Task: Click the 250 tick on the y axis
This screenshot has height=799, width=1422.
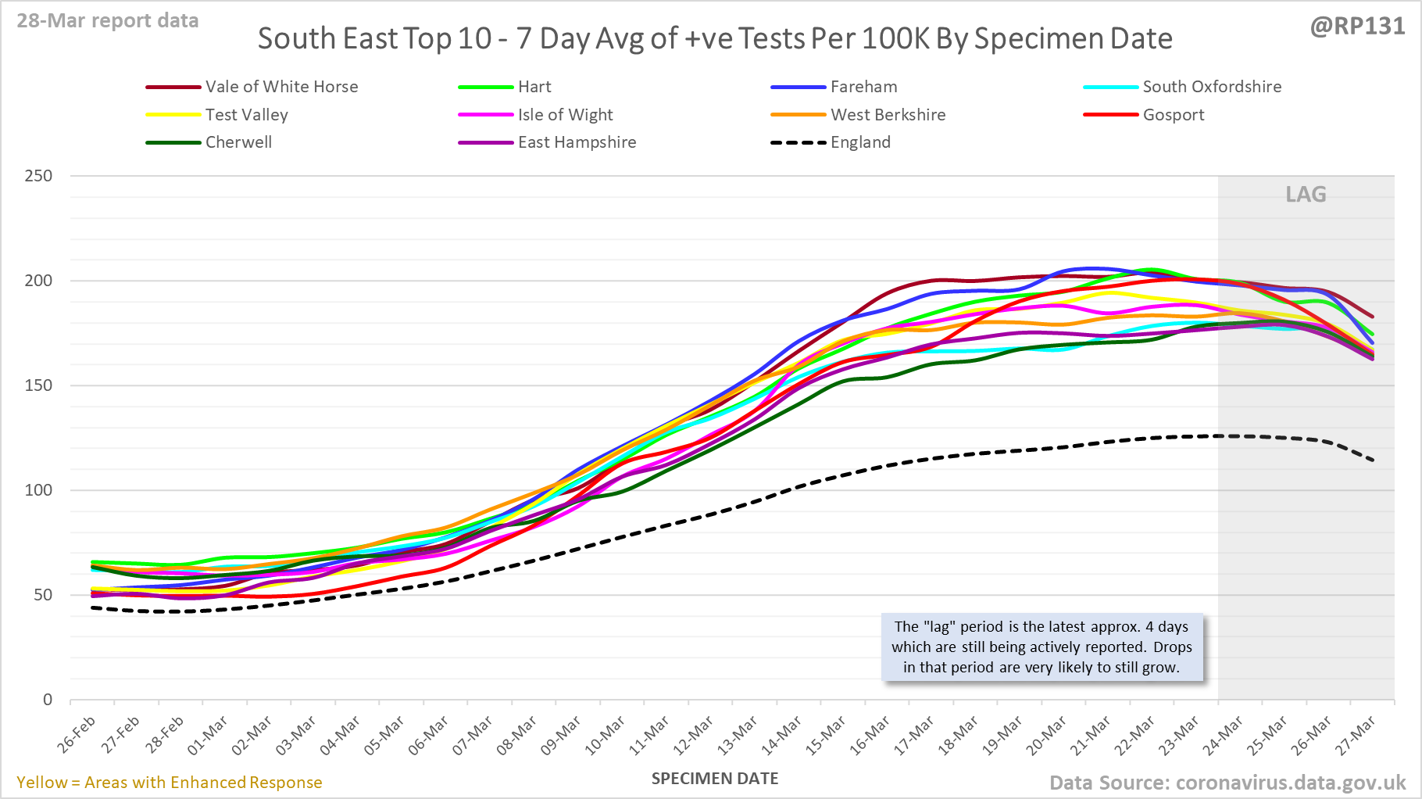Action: (x=38, y=176)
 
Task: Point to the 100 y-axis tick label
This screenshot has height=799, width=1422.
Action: (x=38, y=490)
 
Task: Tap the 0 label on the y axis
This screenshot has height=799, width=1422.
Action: (x=48, y=700)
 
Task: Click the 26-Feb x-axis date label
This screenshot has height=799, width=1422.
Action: (x=77, y=734)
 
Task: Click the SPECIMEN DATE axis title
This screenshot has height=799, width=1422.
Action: (x=715, y=779)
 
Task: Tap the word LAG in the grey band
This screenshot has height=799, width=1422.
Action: (x=1306, y=195)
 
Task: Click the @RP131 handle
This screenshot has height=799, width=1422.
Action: (x=1357, y=27)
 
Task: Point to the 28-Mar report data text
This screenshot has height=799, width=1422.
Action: (x=108, y=21)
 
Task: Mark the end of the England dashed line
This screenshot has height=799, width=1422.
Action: (x=1373, y=460)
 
